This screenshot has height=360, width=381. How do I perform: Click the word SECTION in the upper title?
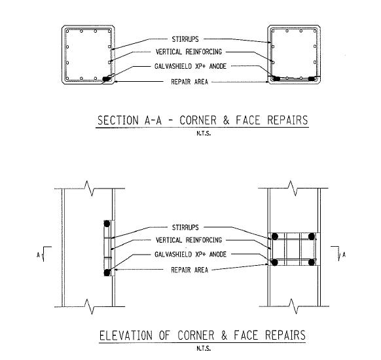[118, 120]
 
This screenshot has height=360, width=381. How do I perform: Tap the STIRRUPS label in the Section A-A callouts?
[185, 39]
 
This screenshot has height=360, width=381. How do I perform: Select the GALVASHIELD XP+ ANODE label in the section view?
[190, 66]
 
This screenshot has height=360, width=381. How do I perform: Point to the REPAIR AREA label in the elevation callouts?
[190, 270]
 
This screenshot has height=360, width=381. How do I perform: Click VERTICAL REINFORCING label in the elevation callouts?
[189, 240]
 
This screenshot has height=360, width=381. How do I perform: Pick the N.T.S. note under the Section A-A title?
[204, 134]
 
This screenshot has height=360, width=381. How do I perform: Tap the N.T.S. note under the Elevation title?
[204, 348]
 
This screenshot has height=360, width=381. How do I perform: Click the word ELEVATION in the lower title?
[126, 336]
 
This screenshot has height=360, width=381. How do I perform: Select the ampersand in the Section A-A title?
[227, 120]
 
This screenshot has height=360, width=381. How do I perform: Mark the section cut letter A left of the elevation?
[38, 255]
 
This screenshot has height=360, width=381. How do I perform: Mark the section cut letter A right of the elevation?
[344, 255]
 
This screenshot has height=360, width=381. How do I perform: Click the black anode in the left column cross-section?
[106, 79]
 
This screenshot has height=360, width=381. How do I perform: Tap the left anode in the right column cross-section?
[276, 79]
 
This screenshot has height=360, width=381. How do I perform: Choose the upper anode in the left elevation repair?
[107, 224]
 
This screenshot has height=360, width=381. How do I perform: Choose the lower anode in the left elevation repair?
[107, 272]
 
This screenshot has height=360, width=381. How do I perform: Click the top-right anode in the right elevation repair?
[312, 236]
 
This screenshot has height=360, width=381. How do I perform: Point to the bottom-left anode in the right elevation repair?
[275, 262]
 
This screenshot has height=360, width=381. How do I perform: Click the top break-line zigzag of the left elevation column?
[89, 189]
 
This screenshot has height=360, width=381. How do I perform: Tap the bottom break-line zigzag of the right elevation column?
[294, 306]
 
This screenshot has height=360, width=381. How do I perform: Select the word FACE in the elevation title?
[245, 336]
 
